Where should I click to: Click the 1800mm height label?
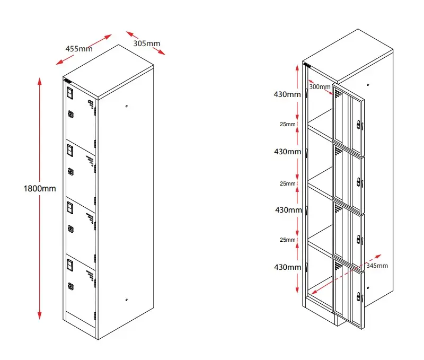click(40, 188)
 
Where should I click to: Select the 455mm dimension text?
click(79, 48)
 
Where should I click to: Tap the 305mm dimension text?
click(147, 43)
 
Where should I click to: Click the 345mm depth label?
click(377, 265)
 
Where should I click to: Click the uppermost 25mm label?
click(288, 124)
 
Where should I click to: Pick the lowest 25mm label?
click(288, 240)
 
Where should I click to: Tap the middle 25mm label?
click(288, 183)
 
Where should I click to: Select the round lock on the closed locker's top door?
click(70, 113)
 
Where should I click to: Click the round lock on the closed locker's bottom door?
click(70, 286)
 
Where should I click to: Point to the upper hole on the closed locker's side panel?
click(127, 107)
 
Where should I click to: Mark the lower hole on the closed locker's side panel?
click(127, 301)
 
